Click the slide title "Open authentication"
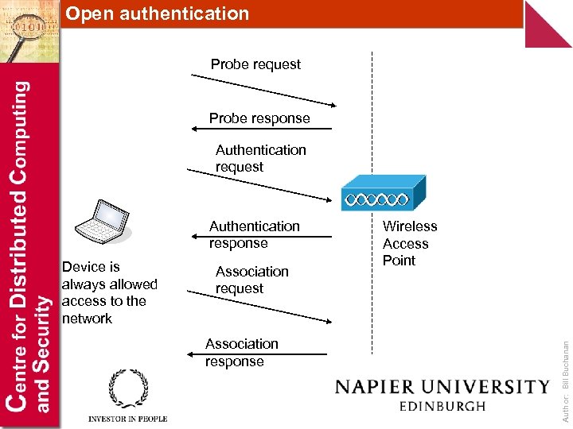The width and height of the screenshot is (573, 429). tap(157, 14)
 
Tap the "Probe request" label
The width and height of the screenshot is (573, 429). tap(255, 64)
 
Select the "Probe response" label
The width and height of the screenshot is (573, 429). tap(259, 118)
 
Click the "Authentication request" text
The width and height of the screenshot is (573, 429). tap(260, 158)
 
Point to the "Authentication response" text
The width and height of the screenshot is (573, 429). tap(254, 234)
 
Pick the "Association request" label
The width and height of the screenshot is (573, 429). tap(251, 280)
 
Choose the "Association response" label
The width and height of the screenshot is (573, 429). tap(241, 352)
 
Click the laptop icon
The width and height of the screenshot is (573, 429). tap(103, 220)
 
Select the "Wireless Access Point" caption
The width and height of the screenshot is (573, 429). tap(409, 243)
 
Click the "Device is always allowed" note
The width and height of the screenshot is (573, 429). tap(109, 292)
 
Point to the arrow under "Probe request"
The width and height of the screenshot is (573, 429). tap(263, 90)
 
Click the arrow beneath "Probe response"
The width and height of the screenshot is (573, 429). tap(259, 129)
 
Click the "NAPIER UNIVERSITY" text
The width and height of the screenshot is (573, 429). tap(442, 387)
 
